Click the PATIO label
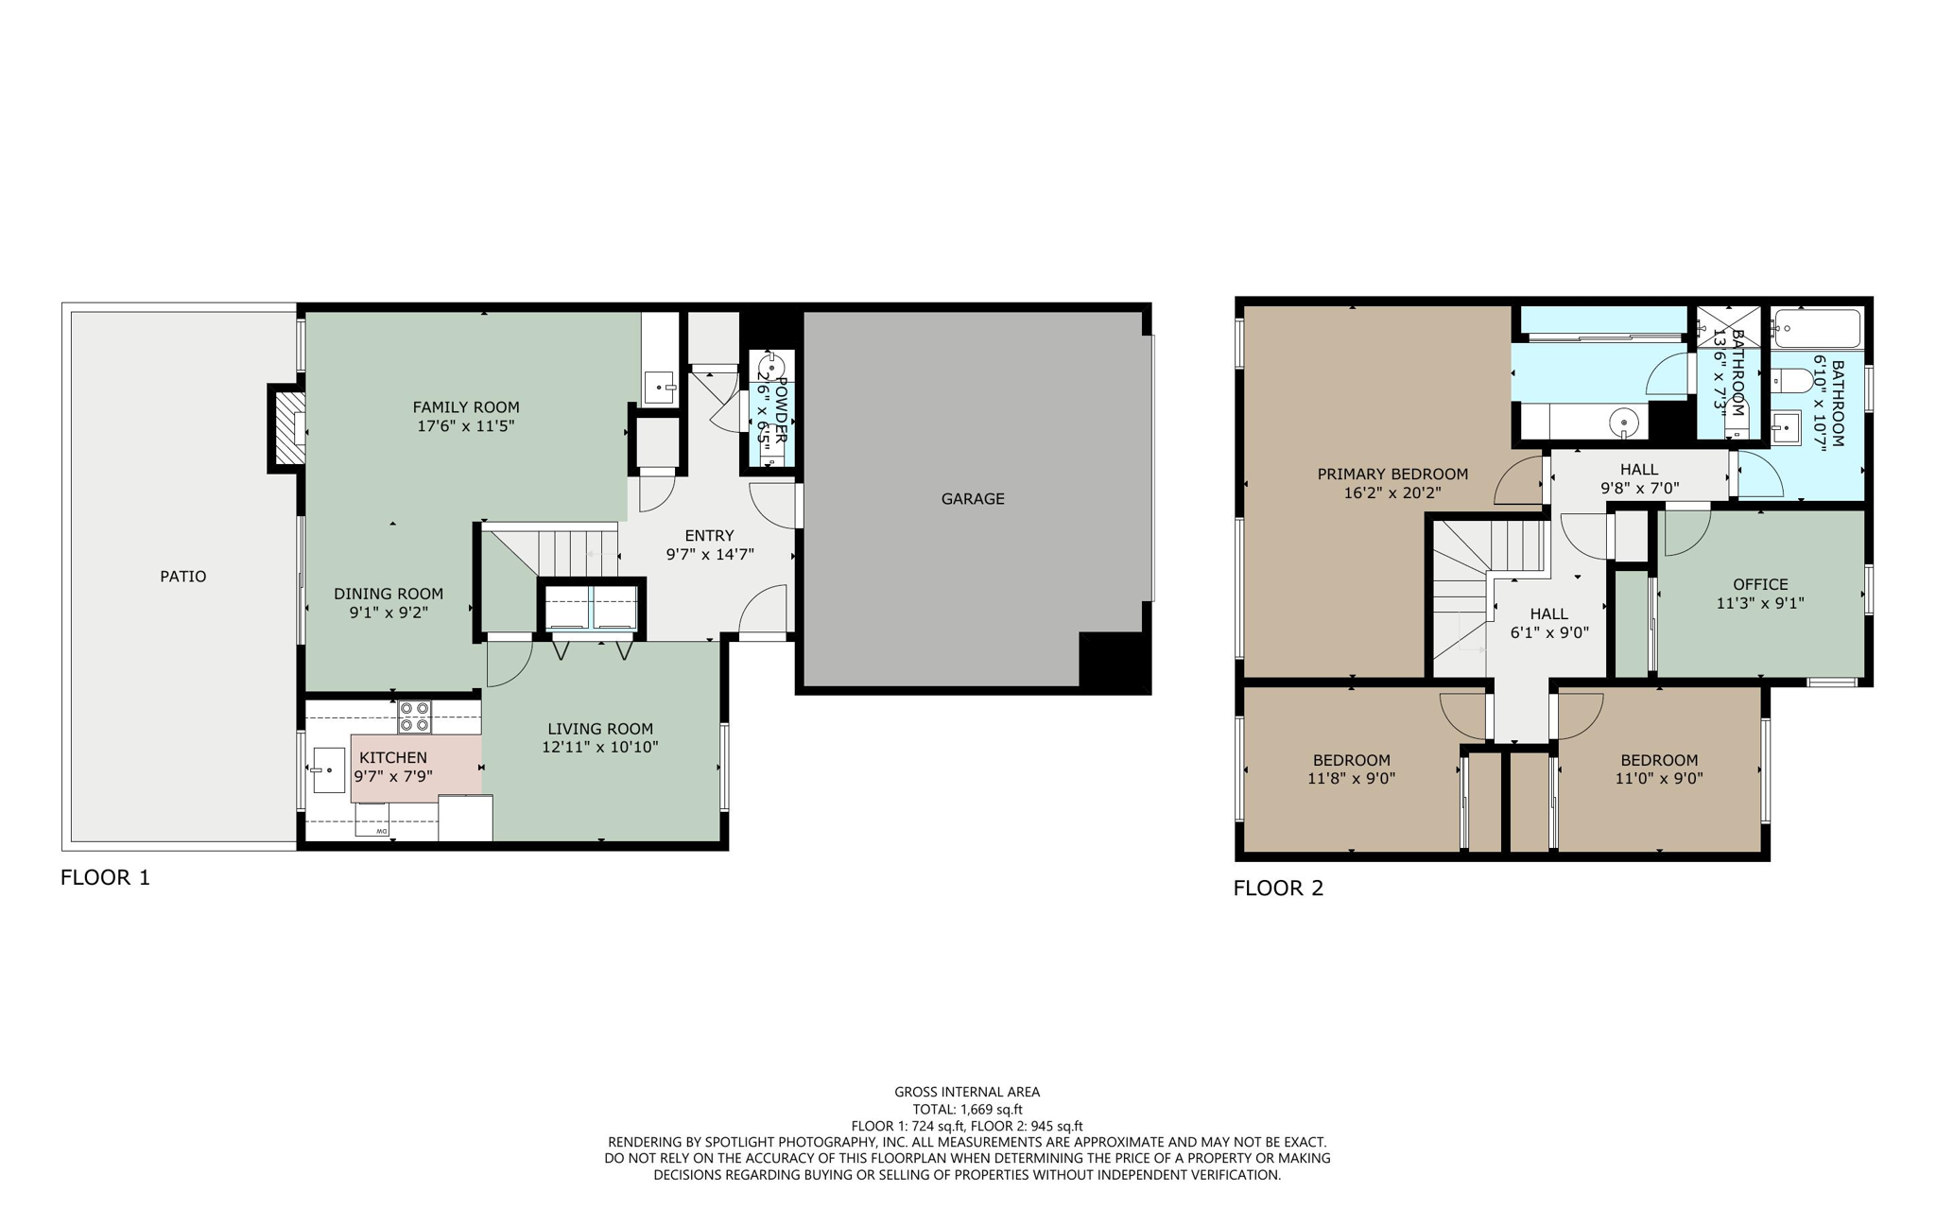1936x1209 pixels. (x=182, y=577)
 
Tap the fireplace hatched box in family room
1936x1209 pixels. (x=289, y=428)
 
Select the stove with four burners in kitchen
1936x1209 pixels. (x=414, y=717)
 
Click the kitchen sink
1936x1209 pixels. (x=326, y=770)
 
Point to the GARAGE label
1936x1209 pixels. (x=972, y=499)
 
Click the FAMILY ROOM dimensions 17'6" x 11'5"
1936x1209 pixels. (x=465, y=426)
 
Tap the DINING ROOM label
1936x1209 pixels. (x=389, y=594)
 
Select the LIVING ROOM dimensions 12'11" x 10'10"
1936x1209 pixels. (x=599, y=747)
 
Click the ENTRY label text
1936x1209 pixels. (x=709, y=536)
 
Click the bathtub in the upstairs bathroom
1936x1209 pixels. (x=1816, y=329)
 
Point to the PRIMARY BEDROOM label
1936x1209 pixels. (x=1391, y=475)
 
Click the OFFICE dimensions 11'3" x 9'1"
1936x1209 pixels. (x=1759, y=603)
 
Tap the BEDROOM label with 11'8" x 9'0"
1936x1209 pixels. (x=1351, y=760)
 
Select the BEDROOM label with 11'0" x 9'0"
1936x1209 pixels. (x=1658, y=760)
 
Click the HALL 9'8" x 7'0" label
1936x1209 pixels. (x=1638, y=470)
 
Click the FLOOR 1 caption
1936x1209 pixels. (x=105, y=877)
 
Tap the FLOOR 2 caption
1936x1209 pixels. (x=1278, y=888)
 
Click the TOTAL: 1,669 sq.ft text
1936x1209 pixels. (x=967, y=1110)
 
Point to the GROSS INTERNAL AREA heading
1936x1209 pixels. (x=967, y=1092)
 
